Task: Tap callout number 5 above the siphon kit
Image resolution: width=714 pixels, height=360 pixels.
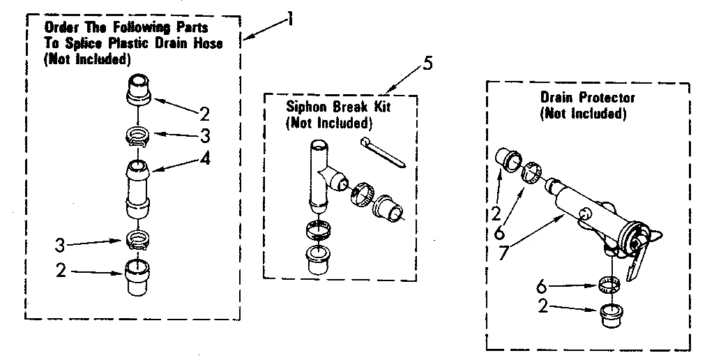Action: (x=427, y=63)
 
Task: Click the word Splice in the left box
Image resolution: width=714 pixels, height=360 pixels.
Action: (x=75, y=43)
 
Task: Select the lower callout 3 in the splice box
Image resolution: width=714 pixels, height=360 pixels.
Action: (x=61, y=244)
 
